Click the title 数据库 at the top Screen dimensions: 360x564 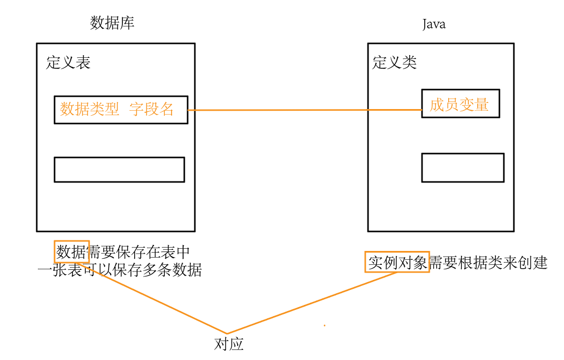point(112,23)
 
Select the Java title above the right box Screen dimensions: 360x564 point(434,24)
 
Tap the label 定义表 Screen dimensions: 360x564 point(68,62)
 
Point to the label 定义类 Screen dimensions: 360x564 point(394,62)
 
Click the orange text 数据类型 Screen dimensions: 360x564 point(89,109)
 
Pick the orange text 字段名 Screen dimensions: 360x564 point(151,109)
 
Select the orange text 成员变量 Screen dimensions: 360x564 point(459,105)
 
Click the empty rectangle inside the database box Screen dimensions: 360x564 point(119,170)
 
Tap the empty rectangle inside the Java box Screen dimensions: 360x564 point(462,167)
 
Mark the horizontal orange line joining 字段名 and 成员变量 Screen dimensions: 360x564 point(303,110)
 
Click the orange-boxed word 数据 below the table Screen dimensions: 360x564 point(72,252)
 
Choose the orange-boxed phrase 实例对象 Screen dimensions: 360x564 point(397,262)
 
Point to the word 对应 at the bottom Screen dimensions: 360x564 point(229,344)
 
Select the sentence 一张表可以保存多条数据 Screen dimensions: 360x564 point(119,270)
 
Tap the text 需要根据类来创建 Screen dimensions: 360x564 point(488,263)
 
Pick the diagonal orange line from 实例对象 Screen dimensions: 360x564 point(312,303)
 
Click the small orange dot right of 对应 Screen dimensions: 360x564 point(325,326)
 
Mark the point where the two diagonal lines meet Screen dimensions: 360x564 point(227,333)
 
